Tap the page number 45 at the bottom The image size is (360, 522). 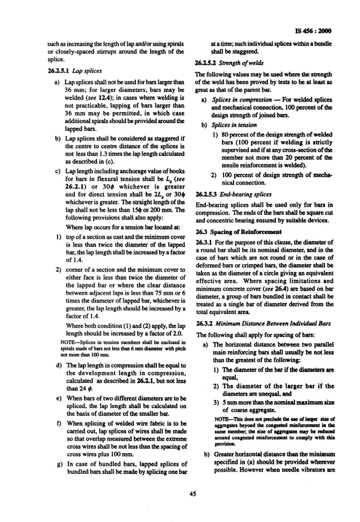(x=192, y=494)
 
